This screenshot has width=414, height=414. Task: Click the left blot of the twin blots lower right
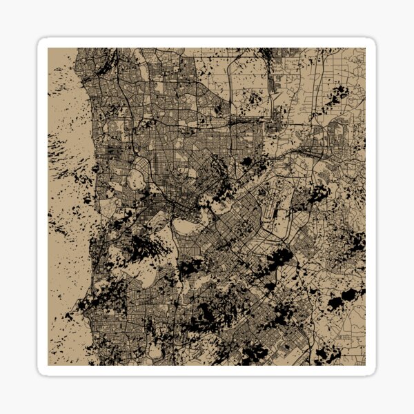tap(335, 302)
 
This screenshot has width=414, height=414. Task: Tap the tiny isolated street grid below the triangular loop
tap(344, 337)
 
